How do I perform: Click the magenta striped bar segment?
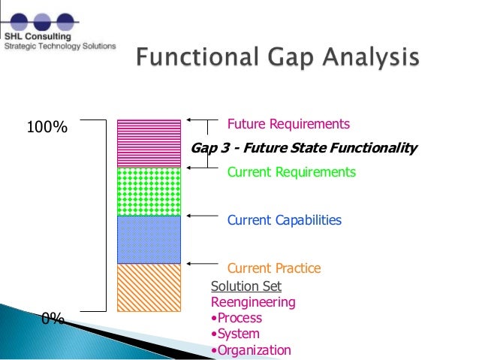pyautogui.click(x=149, y=143)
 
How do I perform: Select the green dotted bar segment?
pyautogui.click(x=149, y=191)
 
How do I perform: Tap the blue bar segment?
pyautogui.click(x=149, y=239)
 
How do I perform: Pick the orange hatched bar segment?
pyautogui.click(x=149, y=287)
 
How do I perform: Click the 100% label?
pyautogui.click(x=47, y=128)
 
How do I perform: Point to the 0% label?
pyautogui.click(x=53, y=319)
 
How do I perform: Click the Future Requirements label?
pyautogui.click(x=288, y=124)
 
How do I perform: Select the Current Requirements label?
pyautogui.click(x=291, y=172)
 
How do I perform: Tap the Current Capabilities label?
pyautogui.click(x=284, y=220)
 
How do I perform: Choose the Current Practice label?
pyautogui.click(x=273, y=268)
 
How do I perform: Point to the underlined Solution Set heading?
pyautogui.click(x=246, y=286)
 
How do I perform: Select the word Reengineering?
pyautogui.click(x=253, y=302)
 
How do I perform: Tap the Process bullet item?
pyautogui.click(x=237, y=318)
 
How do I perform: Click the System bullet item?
pyautogui.click(x=236, y=334)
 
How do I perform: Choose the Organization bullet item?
pyautogui.click(x=251, y=349)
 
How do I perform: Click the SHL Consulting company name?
pyautogui.click(x=37, y=35)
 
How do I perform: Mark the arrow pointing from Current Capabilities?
pyautogui.click(x=201, y=216)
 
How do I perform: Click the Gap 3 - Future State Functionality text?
pyautogui.click(x=303, y=148)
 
